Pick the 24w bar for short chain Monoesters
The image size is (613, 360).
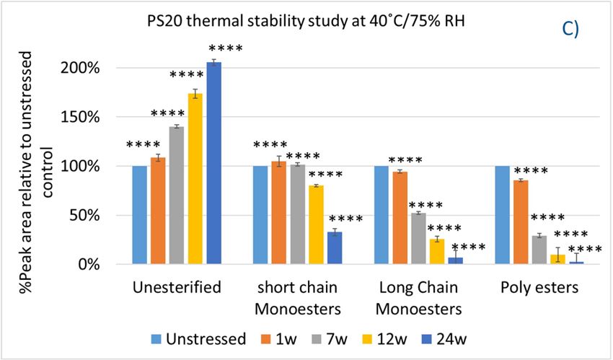pos(335,248)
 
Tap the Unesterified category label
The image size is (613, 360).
pos(177,288)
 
